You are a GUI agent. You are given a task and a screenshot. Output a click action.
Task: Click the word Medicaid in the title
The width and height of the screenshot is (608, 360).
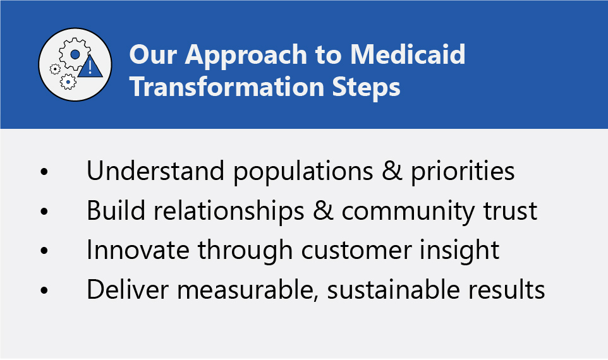[x=408, y=54]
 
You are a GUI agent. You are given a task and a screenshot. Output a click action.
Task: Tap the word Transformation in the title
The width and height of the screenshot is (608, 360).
[x=227, y=87]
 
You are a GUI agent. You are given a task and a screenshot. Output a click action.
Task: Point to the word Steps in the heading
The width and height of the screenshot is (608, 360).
[x=366, y=88]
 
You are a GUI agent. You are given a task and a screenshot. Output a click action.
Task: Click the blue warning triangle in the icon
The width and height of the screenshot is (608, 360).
[x=90, y=67]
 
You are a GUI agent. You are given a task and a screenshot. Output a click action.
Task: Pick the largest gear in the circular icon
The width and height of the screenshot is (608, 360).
[x=75, y=54]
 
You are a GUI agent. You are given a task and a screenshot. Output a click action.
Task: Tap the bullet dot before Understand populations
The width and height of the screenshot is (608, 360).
[x=44, y=171]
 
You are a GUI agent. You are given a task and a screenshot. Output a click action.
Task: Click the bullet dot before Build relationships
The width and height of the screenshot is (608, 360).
[x=44, y=211]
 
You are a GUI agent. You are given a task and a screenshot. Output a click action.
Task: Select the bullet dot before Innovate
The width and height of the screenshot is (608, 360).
[x=44, y=250]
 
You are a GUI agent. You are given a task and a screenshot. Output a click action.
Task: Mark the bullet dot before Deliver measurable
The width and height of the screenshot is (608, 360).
[x=44, y=290]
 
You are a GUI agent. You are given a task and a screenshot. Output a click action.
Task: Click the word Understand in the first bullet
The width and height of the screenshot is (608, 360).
[x=155, y=171]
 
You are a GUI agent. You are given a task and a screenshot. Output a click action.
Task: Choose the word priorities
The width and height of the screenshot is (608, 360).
[x=463, y=172]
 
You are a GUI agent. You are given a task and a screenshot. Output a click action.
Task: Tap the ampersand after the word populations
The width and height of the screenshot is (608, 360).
[x=392, y=171]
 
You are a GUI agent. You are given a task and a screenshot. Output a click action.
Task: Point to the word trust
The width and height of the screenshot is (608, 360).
[x=510, y=212]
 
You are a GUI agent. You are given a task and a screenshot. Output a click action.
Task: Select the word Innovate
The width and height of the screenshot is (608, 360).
[x=138, y=250]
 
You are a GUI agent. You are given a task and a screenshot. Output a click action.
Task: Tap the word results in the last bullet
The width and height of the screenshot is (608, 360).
[x=506, y=289]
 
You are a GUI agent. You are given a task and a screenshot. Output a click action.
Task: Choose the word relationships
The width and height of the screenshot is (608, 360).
[x=229, y=212]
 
